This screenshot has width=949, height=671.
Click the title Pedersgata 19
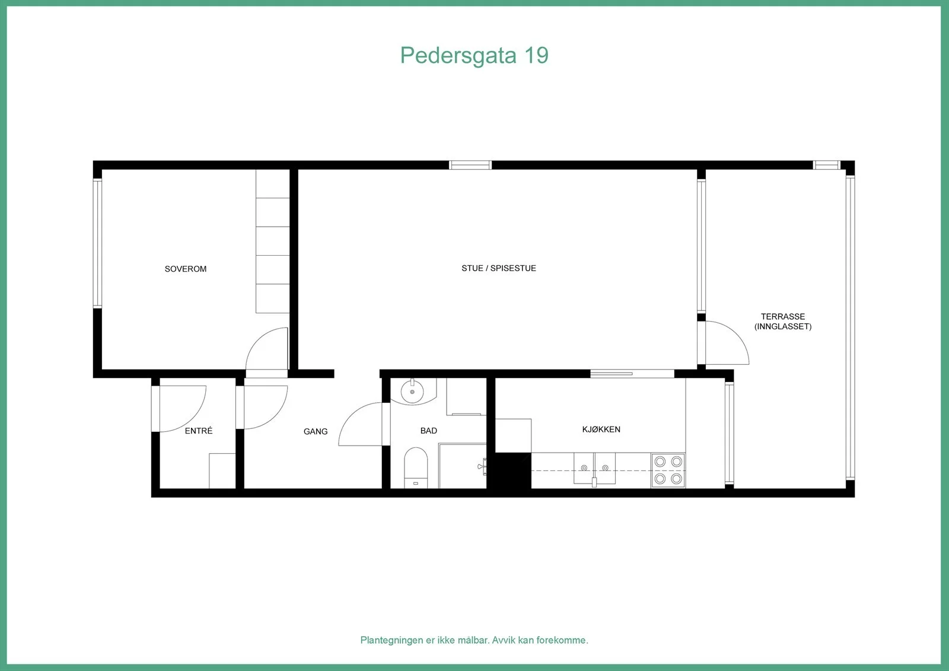[474, 56]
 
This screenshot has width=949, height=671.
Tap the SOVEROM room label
[186, 269]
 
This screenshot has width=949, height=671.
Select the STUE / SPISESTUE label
[499, 268]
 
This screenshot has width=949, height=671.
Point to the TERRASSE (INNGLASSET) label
[783, 322]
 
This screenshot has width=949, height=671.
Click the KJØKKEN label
[601, 430]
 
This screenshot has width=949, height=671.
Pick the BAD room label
[428, 431]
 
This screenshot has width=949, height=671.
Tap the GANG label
[316, 431]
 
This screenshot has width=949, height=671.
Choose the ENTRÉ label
[199, 431]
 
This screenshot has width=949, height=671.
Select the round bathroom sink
[412, 392]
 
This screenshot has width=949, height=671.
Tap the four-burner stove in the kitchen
[668, 470]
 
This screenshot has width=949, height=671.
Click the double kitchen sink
[594, 468]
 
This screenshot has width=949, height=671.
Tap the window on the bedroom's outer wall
[97, 243]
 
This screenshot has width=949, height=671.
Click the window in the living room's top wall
[470, 165]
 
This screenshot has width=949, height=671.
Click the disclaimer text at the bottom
[474, 640]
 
